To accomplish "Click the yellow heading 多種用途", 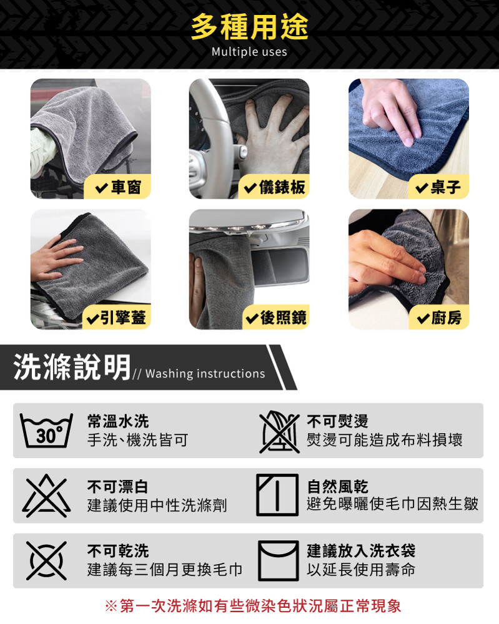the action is pos(249,27).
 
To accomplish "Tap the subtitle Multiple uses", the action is pos(249,52).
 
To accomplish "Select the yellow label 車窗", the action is pos(118,187).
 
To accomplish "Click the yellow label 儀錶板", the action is pos(274,187).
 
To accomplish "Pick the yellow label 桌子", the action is pos(438,187).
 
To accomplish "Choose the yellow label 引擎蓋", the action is pos(117,317).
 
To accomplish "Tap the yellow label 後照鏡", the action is pos(275,317).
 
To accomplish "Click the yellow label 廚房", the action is pos(439,317).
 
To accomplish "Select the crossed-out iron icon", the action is pos(279,431).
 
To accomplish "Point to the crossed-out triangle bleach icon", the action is pos(46,495).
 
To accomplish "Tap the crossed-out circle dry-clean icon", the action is pos(46,560).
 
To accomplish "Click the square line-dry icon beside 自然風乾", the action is pos(277,495).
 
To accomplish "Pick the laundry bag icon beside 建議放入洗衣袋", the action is pos(279,560).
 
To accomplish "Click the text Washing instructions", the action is pos(205,374).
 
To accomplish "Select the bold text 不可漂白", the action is pos(117,486).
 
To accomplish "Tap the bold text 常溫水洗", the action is pos(118,421).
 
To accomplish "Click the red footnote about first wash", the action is pos(253,606).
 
